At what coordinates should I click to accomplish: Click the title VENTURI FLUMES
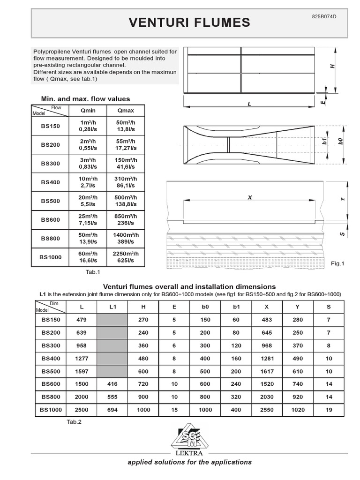pyautogui.click(x=189, y=22)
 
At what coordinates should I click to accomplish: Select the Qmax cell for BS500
pyautogui.click(x=126, y=201)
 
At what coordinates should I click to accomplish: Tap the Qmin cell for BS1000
pyautogui.click(x=88, y=257)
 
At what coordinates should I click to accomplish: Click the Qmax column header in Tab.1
pyautogui.click(x=126, y=111)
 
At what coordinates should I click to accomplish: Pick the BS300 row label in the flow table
pyautogui.click(x=50, y=164)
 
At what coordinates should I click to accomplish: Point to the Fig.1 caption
pyautogui.click(x=337, y=263)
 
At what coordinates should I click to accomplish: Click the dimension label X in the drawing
pyautogui.click(x=249, y=198)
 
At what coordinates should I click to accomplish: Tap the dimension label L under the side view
pyautogui.click(x=249, y=104)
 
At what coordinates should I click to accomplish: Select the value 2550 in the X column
pyautogui.click(x=267, y=409)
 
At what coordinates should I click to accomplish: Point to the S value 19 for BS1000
pyautogui.click(x=329, y=409)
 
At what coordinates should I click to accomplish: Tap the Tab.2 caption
pyautogui.click(x=74, y=422)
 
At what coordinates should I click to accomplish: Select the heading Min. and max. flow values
pyautogui.click(x=86, y=99)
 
